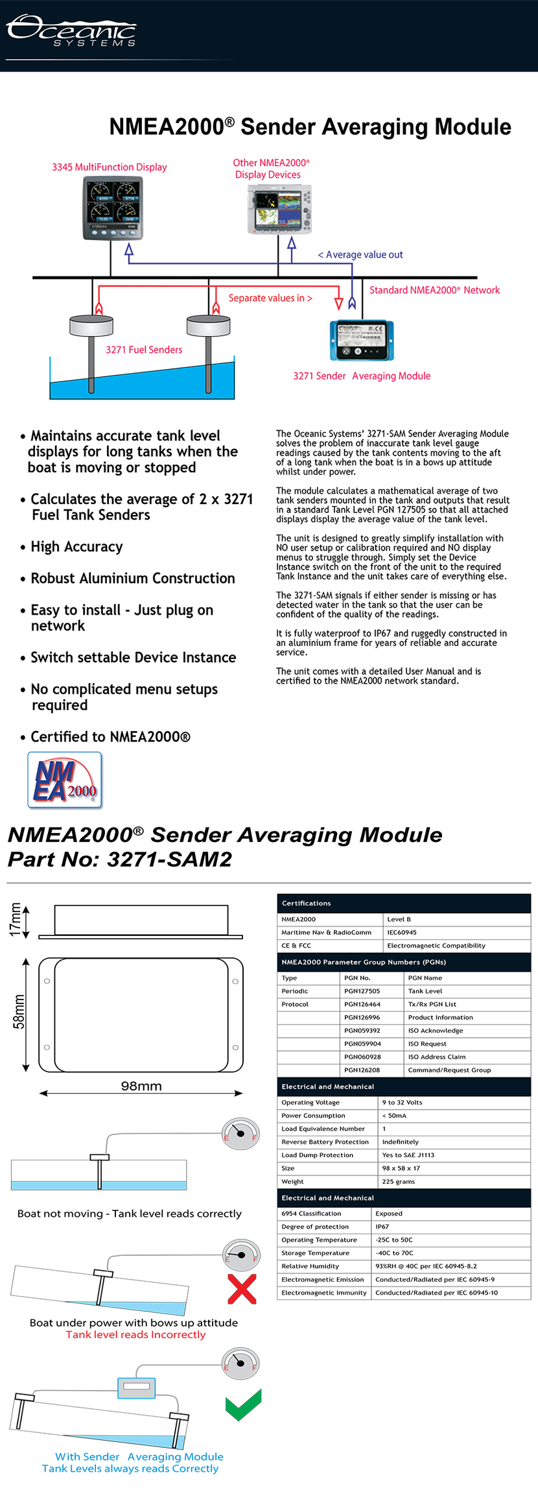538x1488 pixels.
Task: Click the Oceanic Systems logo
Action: click(x=71, y=30)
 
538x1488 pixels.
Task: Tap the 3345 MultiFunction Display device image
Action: click(x=113, y=208)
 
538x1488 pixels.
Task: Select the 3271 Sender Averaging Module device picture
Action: click(x=362, y=341)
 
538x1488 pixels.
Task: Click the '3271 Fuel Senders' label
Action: click(x=144, y=350)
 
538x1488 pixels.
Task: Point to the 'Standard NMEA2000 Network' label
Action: click(x=434, y=290)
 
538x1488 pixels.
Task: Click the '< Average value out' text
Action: click(x=360, y=255)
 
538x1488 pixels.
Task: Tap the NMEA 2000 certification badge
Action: click(x=65, y=780)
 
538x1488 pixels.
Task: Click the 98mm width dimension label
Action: click(x=141, y=1086)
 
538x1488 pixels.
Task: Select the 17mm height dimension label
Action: click(x=16, y=920)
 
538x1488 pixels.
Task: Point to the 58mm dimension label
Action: click(x=19, y=1012)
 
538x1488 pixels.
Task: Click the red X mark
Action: click(x=242, y=1289)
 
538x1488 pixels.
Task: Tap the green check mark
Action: click(x=243, y=1404)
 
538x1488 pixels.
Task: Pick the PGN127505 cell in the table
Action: click(x=362, y=991)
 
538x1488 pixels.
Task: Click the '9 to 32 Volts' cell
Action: click(x=402, y=1102)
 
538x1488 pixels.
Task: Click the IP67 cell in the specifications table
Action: click(x=382, y=1227)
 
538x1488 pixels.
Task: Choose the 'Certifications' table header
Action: click(x=306, y=903)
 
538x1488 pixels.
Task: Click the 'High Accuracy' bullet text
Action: click(x=76, y=547)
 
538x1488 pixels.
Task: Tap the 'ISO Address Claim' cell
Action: click(x=437, y=1057)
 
